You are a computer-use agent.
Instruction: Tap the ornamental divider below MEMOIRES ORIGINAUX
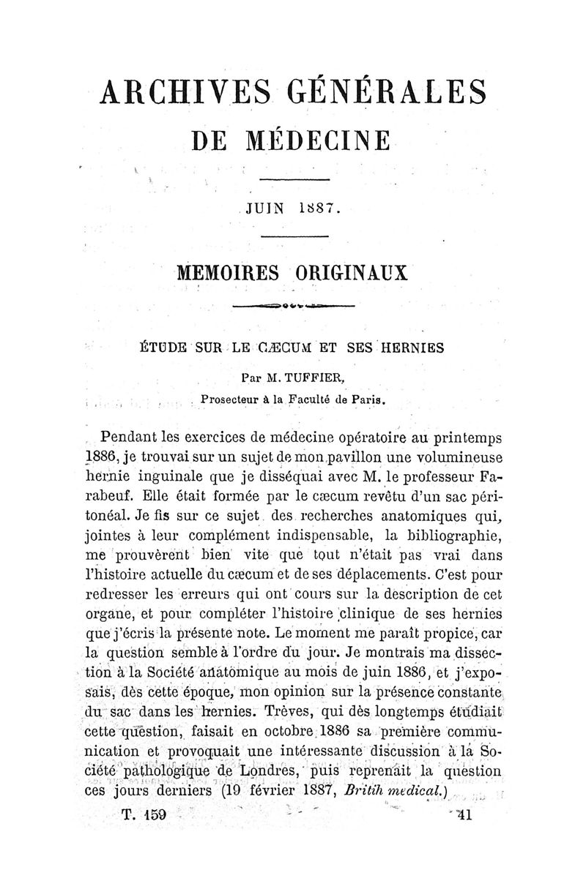[293, 305]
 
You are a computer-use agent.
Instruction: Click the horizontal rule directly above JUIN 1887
[293, 180]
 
